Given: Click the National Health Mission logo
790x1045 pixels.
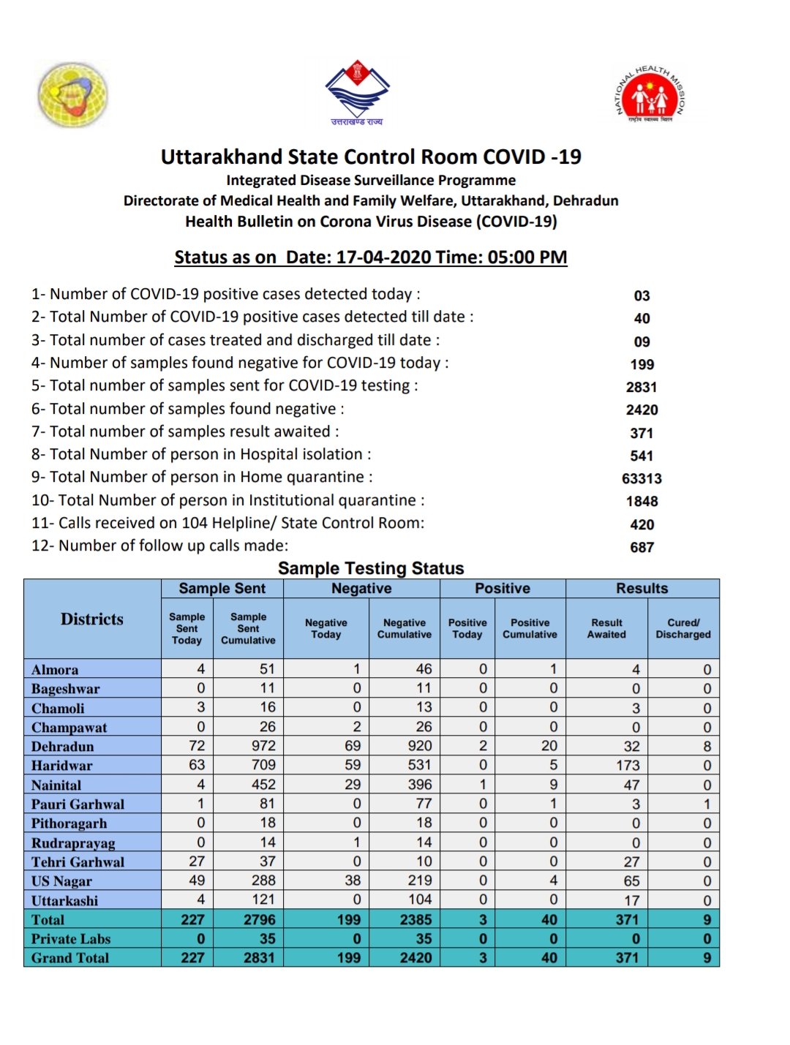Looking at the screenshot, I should click(650, 96).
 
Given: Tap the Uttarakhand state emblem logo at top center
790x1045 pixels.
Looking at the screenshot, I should click(357, 92).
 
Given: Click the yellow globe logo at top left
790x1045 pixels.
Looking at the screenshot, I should click(72, 95).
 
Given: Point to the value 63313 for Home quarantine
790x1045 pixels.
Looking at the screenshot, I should click(642, 478).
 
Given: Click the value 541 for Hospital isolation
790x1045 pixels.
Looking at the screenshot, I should click(642, 456).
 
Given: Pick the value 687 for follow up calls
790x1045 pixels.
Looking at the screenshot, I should click(642, 547).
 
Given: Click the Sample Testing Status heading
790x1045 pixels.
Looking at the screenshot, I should click(371, 568).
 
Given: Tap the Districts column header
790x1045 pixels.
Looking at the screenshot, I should click(92, 619).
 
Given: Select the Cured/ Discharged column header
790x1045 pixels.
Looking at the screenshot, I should click(682, 628).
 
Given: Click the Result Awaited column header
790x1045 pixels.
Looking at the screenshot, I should click(606, 628).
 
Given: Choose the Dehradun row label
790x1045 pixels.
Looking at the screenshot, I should click(63, 747).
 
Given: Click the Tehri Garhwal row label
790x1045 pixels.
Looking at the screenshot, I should click(78, 862).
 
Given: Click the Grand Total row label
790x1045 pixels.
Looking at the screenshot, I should click(70, 958).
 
